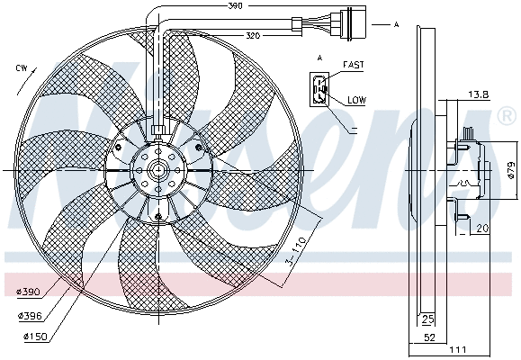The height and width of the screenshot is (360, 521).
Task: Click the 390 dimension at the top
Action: tap(235, 7)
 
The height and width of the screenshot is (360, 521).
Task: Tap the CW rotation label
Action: tap(21, 68)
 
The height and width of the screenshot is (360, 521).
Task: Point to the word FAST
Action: tap(353, 66)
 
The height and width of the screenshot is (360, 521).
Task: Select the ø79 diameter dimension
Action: tap(509, 170)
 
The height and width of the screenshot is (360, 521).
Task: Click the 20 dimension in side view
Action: tap(481, 229)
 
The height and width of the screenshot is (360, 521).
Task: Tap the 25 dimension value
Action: tap(427, 319)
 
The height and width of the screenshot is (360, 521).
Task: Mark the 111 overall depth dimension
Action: tap(460, 351)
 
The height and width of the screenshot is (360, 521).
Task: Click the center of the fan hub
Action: tap(157, 171)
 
